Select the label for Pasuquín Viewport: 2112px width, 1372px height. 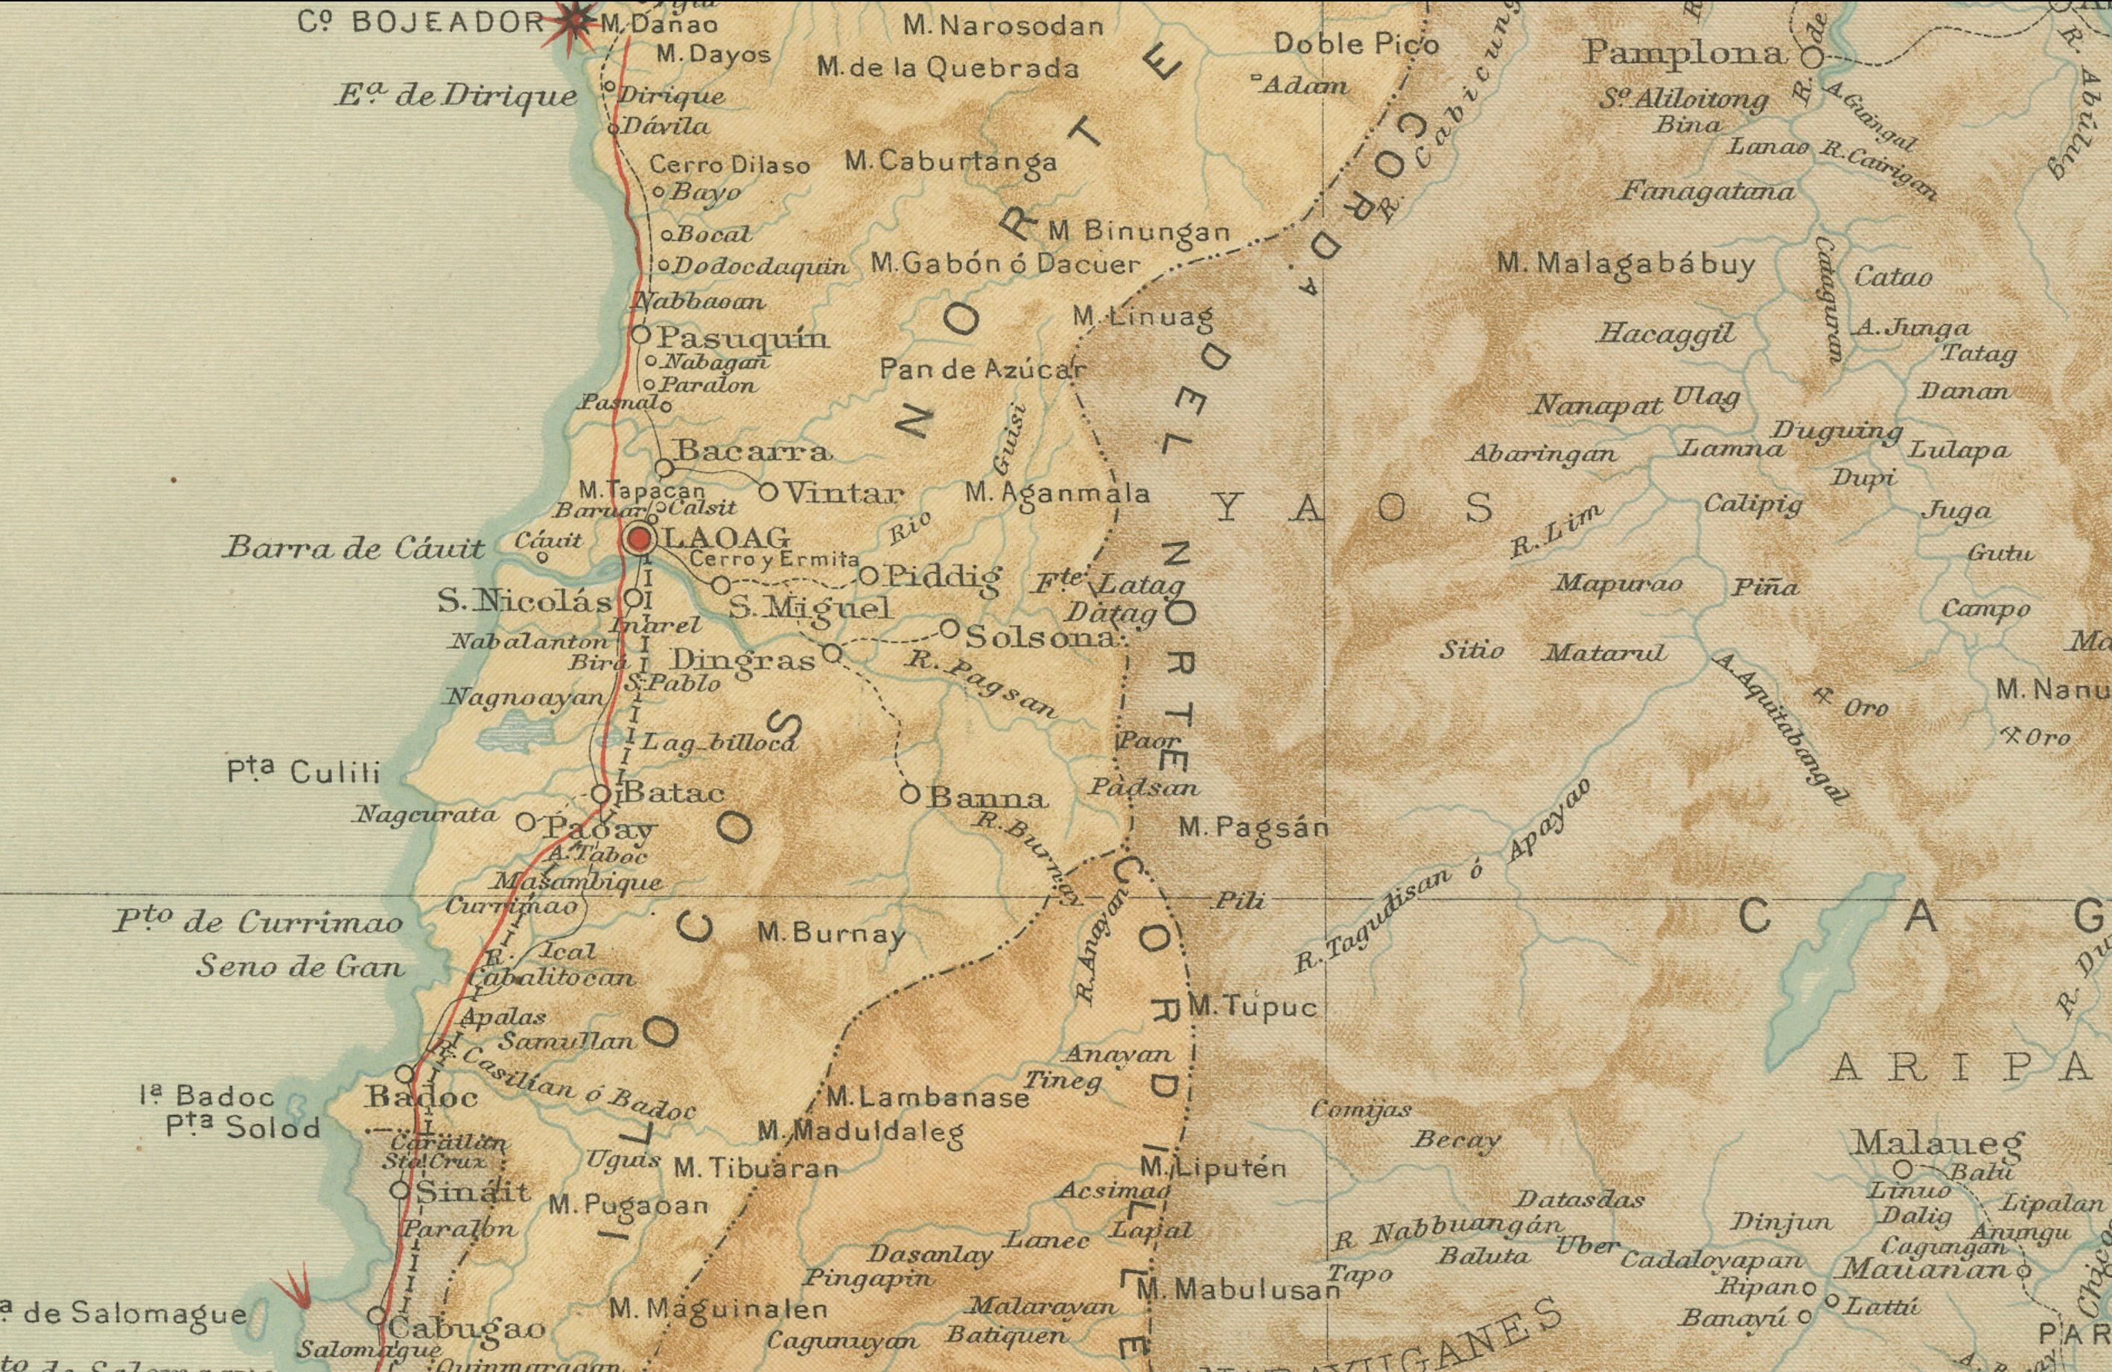tap(742, 338)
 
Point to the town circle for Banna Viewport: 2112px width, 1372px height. tap(909, 794)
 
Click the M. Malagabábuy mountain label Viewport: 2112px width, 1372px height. tap(1626, 264)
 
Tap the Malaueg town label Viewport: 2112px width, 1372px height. tap(1937, 1143)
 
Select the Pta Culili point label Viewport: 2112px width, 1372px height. tap(304, 773)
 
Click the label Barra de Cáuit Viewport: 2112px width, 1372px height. tap(353, 548)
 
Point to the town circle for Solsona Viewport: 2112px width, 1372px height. tap(949, 629)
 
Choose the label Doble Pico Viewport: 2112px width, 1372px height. tap(1356, 43)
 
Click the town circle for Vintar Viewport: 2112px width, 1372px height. tap(769, 491)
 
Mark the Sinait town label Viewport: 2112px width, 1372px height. tap(472, 1192)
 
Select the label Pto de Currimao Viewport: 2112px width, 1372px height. tap(258, 923)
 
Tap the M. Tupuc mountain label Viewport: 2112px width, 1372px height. tap(1252, 1006)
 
